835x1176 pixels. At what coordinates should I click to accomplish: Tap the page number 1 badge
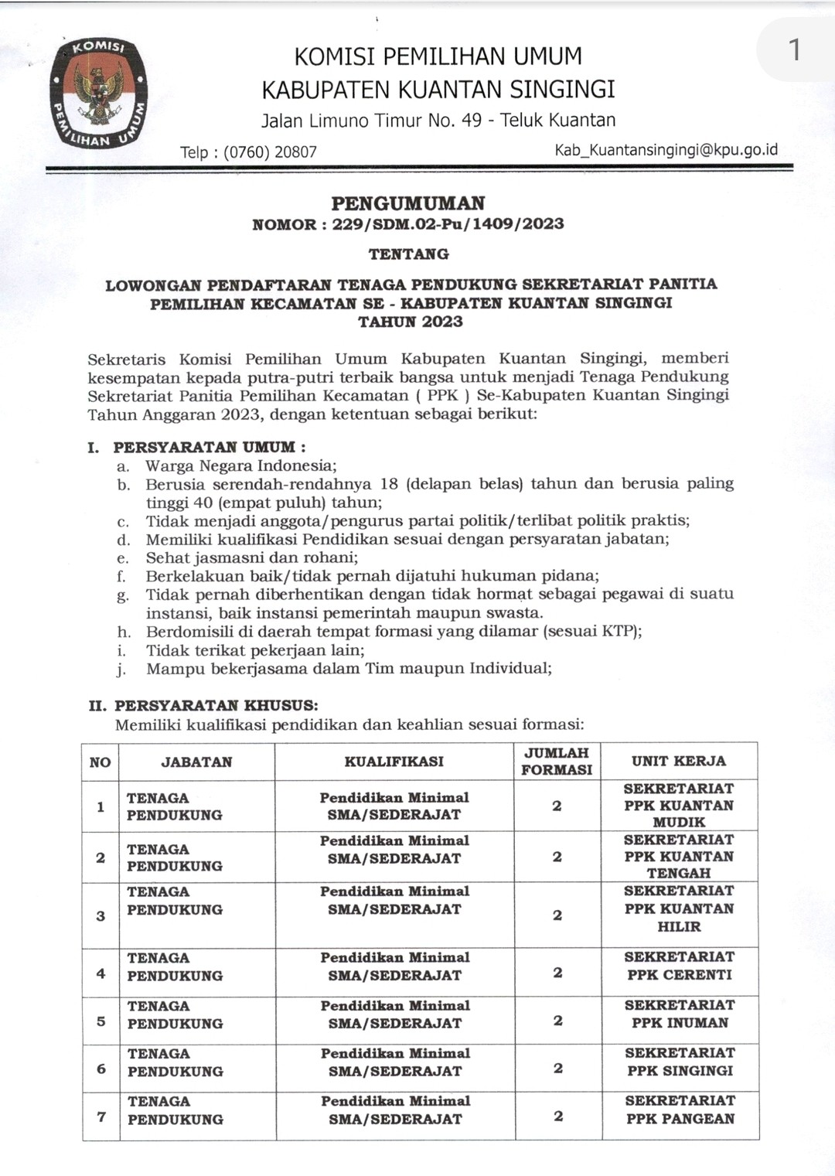pyautogui.click(x=794, y=50)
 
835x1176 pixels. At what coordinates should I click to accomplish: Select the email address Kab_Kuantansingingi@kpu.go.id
pyautogui.click(x=666, y=150)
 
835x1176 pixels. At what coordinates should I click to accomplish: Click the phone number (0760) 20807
pyautogui.click(x=270, y=152)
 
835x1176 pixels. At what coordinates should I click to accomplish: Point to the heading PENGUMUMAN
pyautogui.click(x=408, y=203)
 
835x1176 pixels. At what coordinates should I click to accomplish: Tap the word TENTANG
pyautogui.click(x=408, y=254)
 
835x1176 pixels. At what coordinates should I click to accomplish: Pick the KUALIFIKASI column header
pyautogui.click(x=394, y=762)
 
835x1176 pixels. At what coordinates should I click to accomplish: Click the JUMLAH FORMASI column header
pyautogui.click(x=557, y=762)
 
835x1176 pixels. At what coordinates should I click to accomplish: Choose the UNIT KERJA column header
pyautogui.click(x=679, y=762)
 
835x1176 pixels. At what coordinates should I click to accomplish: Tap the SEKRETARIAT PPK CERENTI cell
pyautogui.click(x=679, y=966)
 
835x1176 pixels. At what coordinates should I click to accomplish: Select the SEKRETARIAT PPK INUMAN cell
pyautogui.click(x=680, y=1014)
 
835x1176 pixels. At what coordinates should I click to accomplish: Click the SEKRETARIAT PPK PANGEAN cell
pyautogui.click(x=680, y=1110)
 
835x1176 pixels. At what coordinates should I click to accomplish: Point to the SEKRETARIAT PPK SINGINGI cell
pyautogui.click(x=680, y=1062)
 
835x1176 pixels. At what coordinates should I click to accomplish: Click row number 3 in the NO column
pyautogui.click(x=101, y=916)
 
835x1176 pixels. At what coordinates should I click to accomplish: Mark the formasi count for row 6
pyautogui.click(x=557, y=1069)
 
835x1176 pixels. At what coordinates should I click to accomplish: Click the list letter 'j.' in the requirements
pyautogui.click(x=121, y=670)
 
